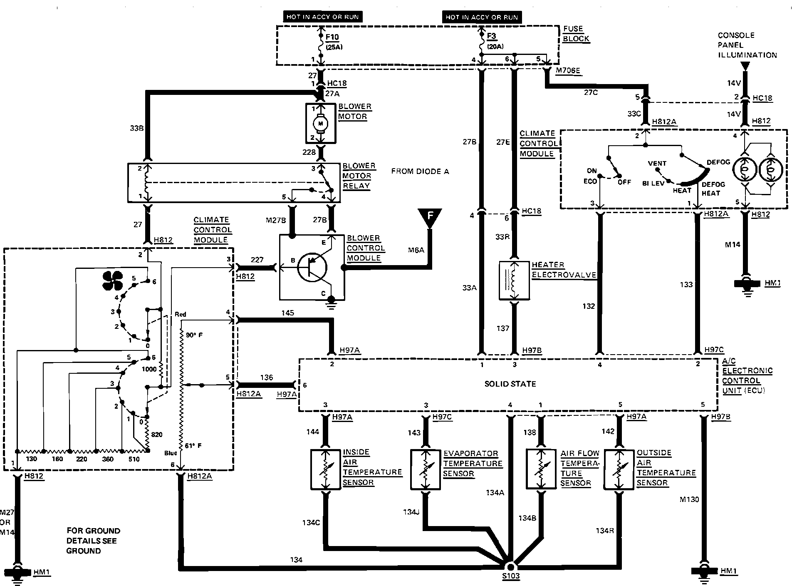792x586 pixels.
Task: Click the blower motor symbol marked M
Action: click(x=320, y=123)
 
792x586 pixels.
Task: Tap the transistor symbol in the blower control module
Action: click(x=312, y=268)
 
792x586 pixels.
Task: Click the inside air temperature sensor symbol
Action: click(x=325, y=469)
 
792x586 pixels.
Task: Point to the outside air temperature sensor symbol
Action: click(x=619, y=469)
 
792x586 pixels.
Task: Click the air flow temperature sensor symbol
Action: click(x=541, y=469)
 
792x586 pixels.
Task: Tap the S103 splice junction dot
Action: click(x=510, y=567)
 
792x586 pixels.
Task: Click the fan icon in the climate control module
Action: click(x=112, y=281)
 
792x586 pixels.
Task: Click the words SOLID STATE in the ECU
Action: click(x=510, y=384)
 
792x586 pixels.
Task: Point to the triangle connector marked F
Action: click(x=430, y=217)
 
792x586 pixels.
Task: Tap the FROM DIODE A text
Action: click(x=420, y=171)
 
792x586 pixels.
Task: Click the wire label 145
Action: click(x=287, y=313)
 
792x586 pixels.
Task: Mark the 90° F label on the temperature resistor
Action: click(x=194, y=335)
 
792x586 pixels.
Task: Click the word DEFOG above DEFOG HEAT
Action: click(x=718, y=162)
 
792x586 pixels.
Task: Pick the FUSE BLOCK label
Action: click(x=576, y=34)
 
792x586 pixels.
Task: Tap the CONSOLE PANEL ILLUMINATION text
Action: click(x=747, y=45)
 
